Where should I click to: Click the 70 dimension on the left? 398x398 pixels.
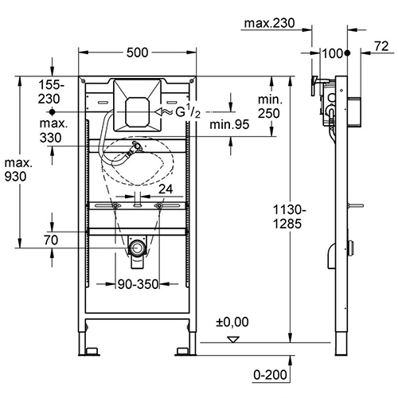pos(51,239)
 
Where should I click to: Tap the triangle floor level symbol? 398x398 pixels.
pos(232,339)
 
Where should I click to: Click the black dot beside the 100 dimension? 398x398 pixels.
pos(348,53)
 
